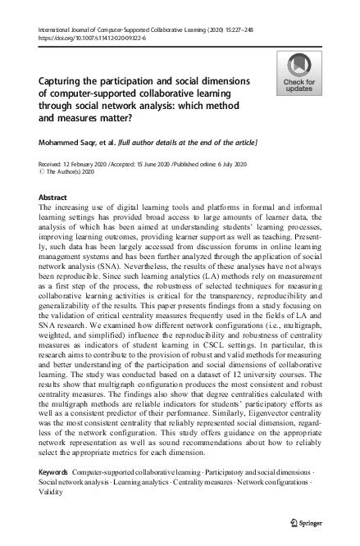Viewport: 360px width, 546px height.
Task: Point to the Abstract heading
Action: coord(53,198)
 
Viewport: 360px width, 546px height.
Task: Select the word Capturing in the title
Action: coord(63,82)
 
